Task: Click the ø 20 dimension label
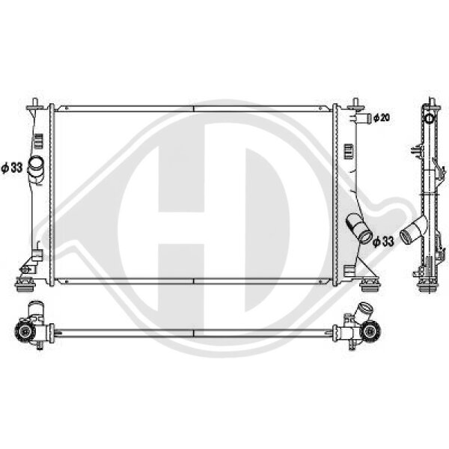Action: (382, 117)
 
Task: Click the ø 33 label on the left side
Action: (12, 168)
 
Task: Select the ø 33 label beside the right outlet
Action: (383, 242)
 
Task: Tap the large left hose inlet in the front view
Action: (36, 165)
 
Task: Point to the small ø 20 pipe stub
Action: (363, 117)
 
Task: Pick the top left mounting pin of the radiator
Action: (35, 105)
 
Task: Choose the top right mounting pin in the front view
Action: (355, 105)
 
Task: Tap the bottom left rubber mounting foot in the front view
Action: (25, 284)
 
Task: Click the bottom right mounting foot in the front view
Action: (370, 285)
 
